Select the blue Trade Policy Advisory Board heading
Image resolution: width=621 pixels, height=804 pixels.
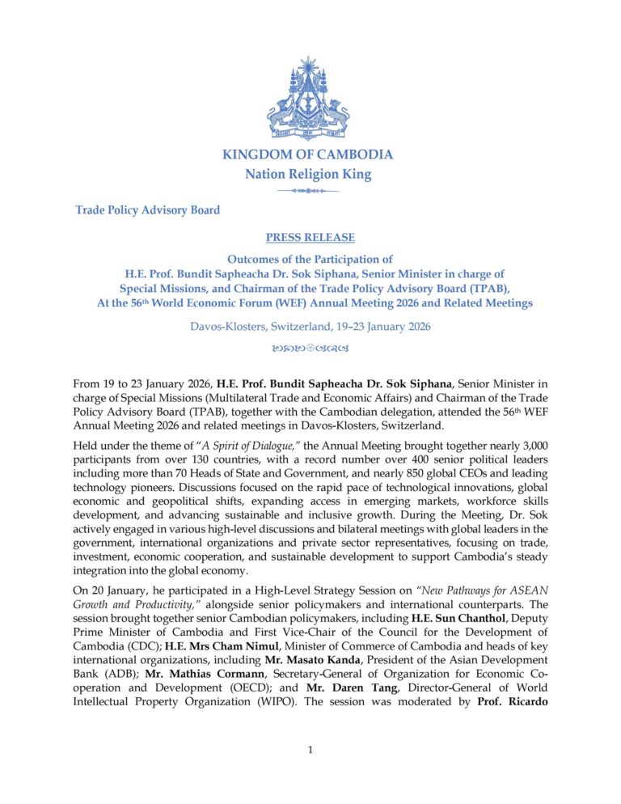coord(147,210)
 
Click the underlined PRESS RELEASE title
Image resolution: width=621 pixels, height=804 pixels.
coord(310,238)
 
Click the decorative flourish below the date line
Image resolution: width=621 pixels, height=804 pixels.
coord(310,349)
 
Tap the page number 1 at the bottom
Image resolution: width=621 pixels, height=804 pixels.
coord(310,750)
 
